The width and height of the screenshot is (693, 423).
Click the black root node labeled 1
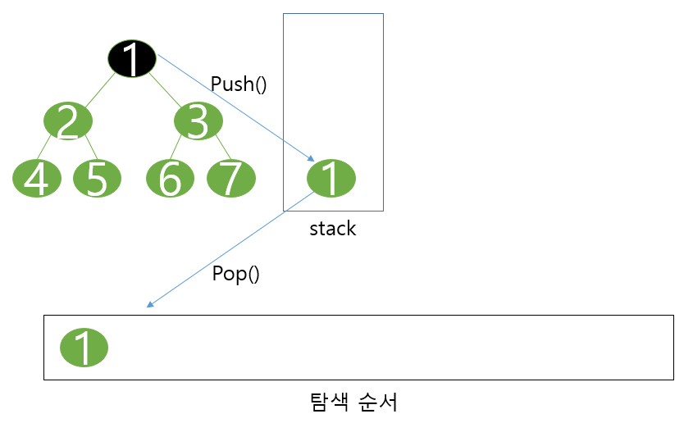(x=132, y=58)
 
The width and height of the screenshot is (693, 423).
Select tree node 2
(x=68, y=121)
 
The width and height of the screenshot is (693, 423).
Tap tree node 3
(x=198, y=121)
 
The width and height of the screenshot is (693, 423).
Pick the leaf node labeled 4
(x=37, y=179)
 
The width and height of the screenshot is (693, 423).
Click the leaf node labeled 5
(x=98, y=179)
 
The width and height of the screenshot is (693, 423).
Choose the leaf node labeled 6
(x=170, y=179)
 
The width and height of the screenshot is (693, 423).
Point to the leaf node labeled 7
(x=230, y=179)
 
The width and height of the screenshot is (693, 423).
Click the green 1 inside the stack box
(x=331, y=179)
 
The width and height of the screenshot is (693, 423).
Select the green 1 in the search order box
(x=84, y=348)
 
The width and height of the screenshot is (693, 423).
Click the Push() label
(x=239, y=84)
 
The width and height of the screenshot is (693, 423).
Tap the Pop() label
(x=235, y=275)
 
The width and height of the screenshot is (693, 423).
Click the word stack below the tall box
(x=332, y=229)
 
